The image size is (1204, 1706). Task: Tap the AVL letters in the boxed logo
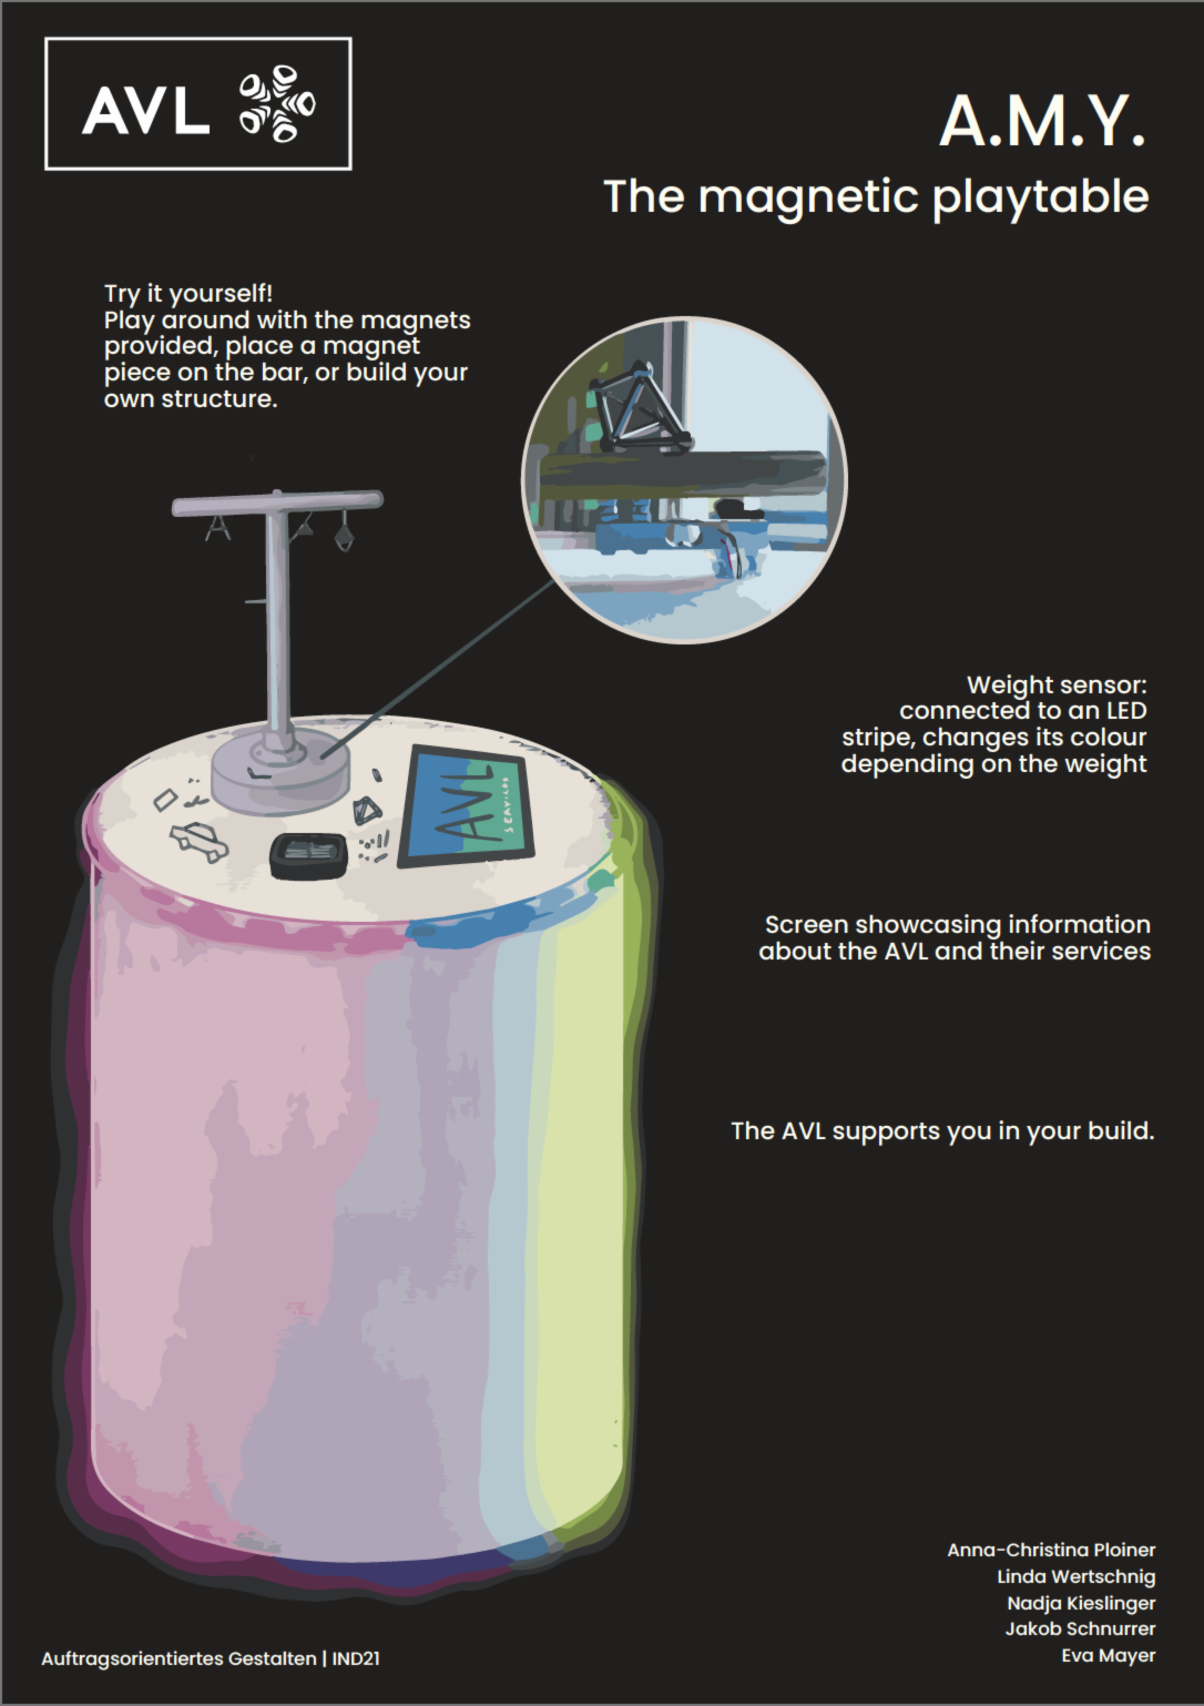[145, 110]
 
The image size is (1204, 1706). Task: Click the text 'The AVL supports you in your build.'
[943, 1131]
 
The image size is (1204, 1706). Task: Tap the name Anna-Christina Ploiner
[1051, 1550]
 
